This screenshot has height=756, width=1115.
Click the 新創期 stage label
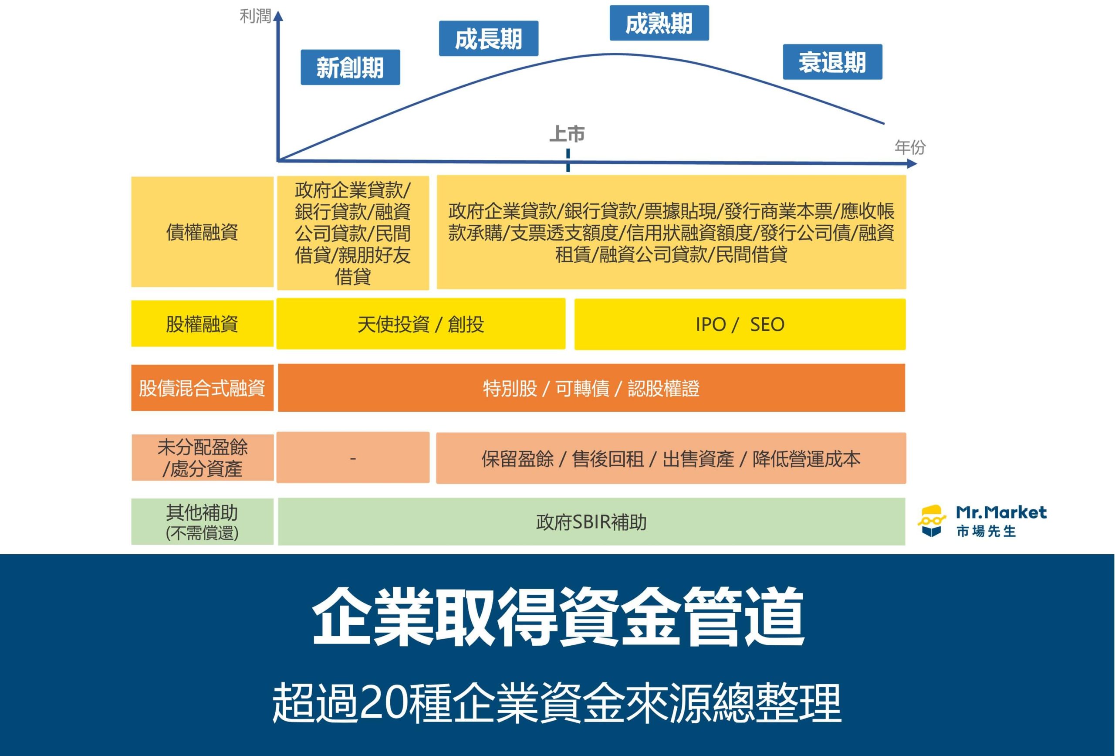(350, 67)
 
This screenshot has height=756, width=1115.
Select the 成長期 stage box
(488, 38)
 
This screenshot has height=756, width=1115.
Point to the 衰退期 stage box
(832, 62)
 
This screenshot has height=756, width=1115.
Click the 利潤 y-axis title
(255, 16)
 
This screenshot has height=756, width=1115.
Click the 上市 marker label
(567, 134)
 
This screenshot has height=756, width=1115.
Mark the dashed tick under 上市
(568, 160)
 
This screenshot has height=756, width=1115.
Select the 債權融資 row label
(202, 232)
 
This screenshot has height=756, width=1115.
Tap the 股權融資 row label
(202, 324)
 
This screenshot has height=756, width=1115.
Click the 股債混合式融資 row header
(202, 388)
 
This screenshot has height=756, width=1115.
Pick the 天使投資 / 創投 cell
(420, 325)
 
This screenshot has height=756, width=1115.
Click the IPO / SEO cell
(740, 325)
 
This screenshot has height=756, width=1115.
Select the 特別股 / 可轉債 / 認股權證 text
(591, 388)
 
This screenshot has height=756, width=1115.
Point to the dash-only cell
(353, 458)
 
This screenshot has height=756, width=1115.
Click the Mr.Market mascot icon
(931, 520)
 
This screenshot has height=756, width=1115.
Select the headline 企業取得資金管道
(557, 617)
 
